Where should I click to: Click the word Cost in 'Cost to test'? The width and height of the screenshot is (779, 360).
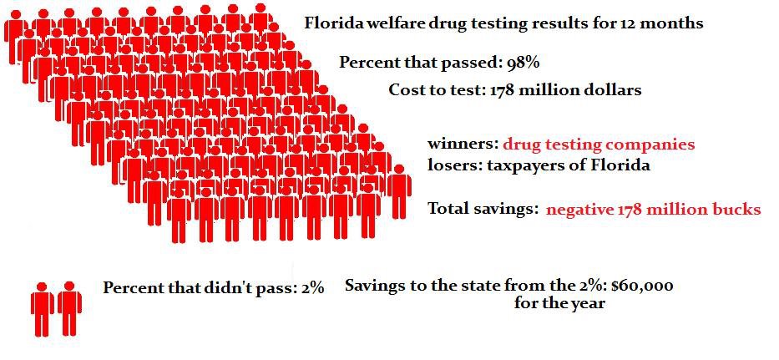[407, 90]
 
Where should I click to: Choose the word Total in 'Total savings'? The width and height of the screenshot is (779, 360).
[451, 209]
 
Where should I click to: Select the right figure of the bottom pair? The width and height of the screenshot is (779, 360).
[70, 308]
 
